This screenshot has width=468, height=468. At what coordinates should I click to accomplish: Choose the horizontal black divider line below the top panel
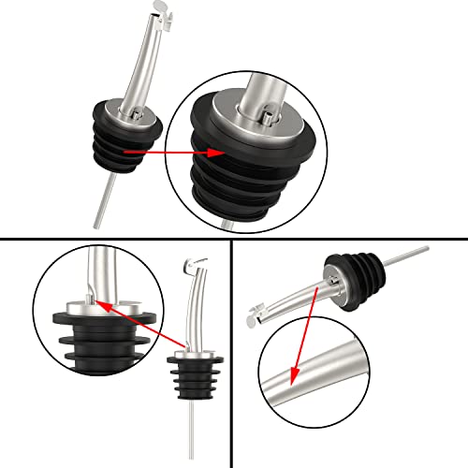[x=234, y=239]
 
